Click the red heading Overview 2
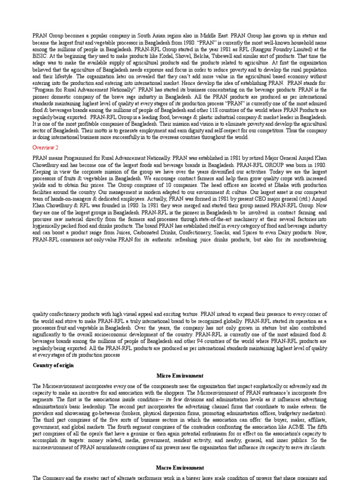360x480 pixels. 45,147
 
